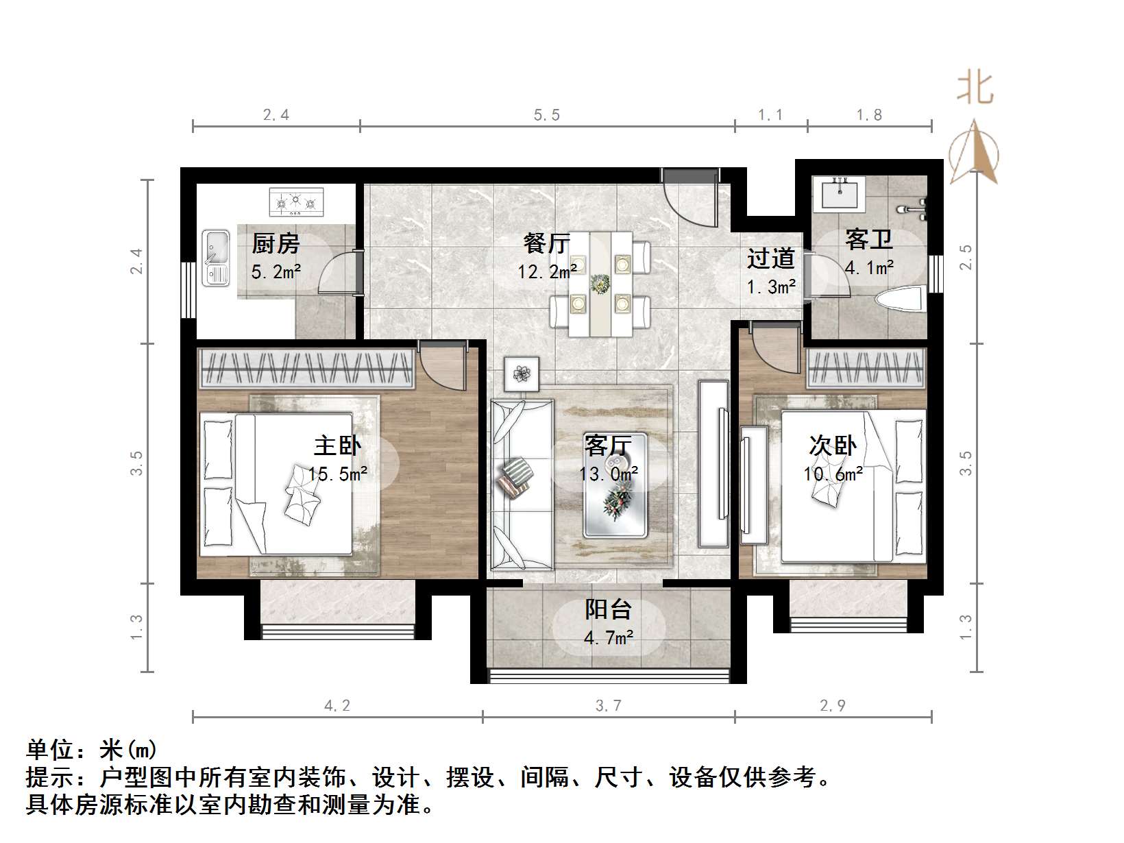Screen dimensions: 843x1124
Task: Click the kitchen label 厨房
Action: click(x=276, y=243)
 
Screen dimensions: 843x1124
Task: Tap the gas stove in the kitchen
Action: click(x=296, y=202)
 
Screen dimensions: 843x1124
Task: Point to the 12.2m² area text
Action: click(x=546, y=272)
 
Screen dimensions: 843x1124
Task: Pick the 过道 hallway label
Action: click(x=771, y=258)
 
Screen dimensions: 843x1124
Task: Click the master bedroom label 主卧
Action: click(x=337, y=445)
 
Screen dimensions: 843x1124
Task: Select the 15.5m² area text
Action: click(x=337, y=474)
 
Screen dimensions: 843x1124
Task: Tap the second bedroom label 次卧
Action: click(x=833, y=445)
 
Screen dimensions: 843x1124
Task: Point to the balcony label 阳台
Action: click(x=608, y=609)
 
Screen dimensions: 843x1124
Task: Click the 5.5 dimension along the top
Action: click(x=547, y=114)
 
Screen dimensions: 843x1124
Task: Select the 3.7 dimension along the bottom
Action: click(x=608, y=705)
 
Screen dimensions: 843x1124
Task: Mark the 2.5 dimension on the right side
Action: click(x=966, y=258)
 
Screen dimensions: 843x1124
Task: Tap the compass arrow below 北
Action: click(x=974, y=152)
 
